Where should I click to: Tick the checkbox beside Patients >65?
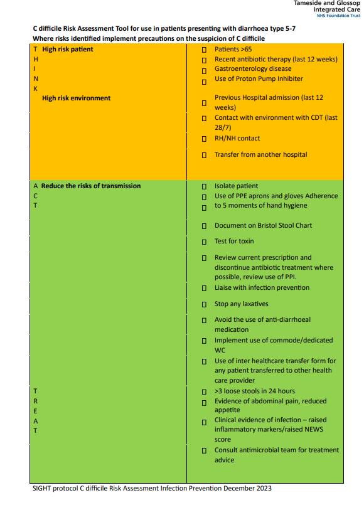point(204,50)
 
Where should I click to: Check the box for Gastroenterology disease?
point(204,70)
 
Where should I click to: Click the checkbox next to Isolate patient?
point(204,187)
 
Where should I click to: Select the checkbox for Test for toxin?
point(204,242)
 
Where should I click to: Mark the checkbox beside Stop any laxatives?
point(204,305)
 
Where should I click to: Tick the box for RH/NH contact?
point(204,139)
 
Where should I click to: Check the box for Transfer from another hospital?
point(204,156)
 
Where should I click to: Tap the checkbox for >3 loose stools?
point(204,392)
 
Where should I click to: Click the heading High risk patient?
point(67,49)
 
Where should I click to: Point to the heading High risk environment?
point(76,98)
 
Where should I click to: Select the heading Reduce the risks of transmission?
point(91,186)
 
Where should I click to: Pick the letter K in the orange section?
point(36,88)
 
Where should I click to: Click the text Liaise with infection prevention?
point(262,287)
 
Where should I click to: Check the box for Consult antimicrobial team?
point(204,451)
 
